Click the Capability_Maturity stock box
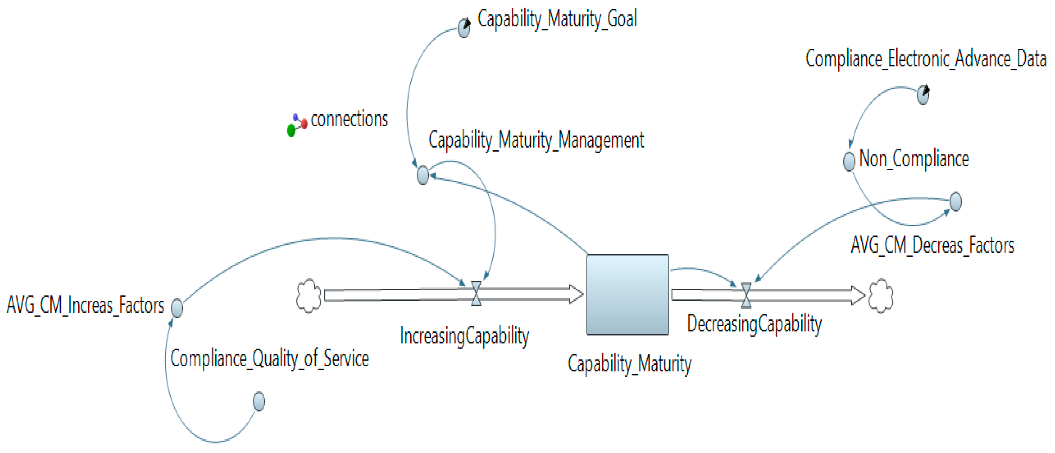[627, 295]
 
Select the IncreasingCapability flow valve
[476, 293]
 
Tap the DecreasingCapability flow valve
[746, 295]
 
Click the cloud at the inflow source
[308, 296]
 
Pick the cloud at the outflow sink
[881, 296]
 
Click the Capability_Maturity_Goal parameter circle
[463, 28]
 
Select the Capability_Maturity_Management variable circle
[423, 175]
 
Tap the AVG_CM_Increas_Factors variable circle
[177, 308]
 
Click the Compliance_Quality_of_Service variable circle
[259, 401]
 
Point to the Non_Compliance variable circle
[849, 161]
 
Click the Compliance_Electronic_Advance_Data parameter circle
[923, 95]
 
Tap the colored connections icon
[297, 125]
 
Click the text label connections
[349, 120]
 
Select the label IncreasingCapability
[465, 336]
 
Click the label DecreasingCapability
[754, 324]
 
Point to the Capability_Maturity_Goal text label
[557, 19]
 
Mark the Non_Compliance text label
[914, 159]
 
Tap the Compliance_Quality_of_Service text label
[270, 359]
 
